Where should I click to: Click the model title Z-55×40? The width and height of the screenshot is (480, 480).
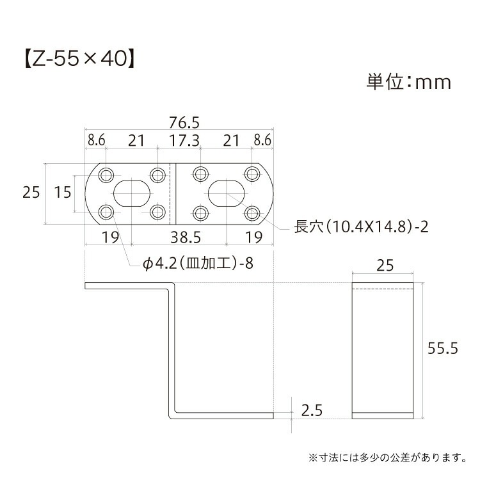79,58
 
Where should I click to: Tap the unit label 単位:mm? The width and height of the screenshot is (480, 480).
409,82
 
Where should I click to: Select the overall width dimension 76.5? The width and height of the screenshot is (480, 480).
184,123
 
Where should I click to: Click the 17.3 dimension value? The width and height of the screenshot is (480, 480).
184,141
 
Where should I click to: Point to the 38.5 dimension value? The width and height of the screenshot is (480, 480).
186,237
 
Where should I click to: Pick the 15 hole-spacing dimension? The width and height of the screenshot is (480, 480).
63,193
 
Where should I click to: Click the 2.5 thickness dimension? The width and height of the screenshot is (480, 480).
312,410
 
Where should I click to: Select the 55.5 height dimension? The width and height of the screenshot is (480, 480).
443,348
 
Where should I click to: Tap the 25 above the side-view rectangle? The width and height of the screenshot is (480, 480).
385,266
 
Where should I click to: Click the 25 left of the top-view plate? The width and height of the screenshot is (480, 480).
31,193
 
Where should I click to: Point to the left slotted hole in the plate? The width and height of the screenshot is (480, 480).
132,193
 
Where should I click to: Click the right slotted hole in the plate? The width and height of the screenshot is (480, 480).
227,193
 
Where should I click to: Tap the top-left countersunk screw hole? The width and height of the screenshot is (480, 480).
106,175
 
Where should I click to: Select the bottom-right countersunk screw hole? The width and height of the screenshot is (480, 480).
252,212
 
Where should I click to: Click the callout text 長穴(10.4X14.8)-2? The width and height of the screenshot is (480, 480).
361,227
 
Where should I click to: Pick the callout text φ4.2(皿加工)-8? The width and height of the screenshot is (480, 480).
198,263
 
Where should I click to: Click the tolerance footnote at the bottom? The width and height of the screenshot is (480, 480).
388,458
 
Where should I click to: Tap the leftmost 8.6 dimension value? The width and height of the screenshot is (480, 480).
97,141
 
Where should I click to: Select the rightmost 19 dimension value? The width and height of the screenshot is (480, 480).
254,237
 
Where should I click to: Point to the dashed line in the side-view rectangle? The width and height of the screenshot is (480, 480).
383,289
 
